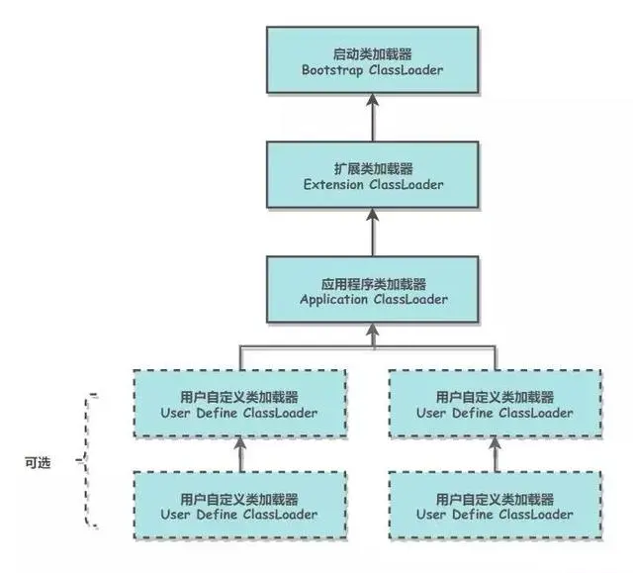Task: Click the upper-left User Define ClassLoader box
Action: (x=239, y=404)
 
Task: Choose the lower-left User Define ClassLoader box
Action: (x=239, y=506)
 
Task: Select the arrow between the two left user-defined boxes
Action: (x=239, y=455)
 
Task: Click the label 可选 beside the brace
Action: (x=41, y=461)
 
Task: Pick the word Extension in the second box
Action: (x=335, y=185)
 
